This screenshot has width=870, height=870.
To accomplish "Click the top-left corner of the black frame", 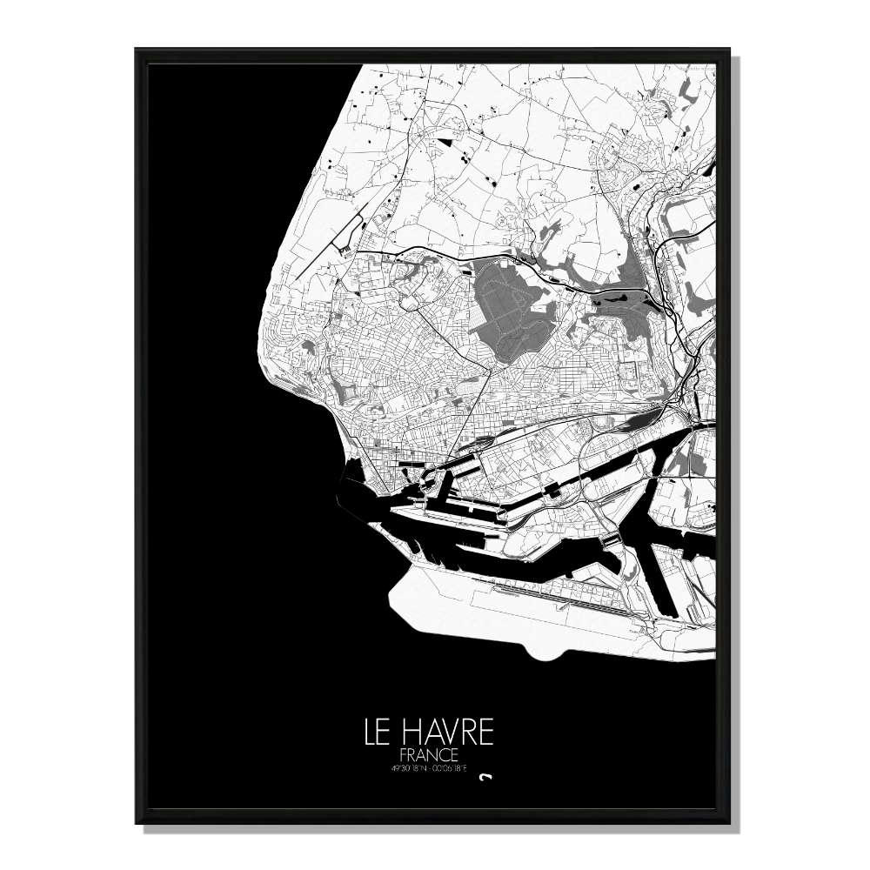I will coord(137,50).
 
